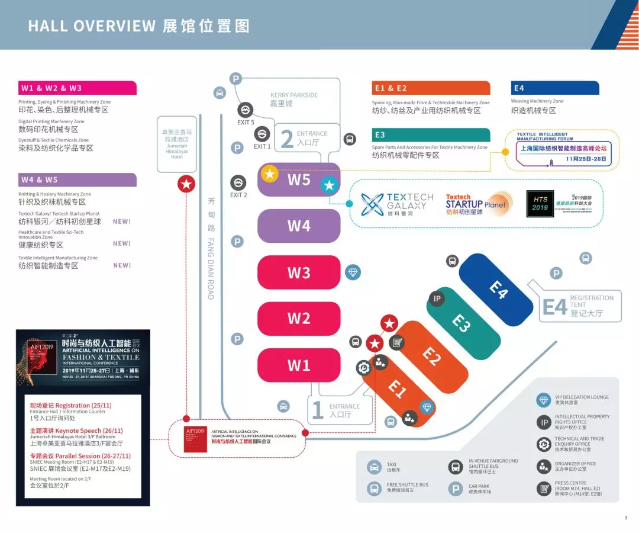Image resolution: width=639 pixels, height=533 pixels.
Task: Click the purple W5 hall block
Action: point(299,179)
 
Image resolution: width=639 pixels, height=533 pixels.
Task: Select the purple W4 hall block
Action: point(299,226)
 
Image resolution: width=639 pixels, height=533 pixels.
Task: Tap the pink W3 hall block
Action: point(299,272)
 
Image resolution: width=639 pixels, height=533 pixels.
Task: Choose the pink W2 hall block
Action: point(299,318)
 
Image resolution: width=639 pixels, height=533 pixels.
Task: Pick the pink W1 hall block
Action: point(299,365)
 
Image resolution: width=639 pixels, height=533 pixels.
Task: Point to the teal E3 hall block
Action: point(461,323)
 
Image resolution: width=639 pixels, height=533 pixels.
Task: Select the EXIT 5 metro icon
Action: point(245,110)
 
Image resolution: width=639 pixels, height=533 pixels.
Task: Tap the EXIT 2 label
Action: point(238,195)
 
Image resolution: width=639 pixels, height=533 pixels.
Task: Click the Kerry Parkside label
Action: point(294,99)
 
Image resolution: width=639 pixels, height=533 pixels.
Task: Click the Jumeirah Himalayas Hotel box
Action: point(177,144)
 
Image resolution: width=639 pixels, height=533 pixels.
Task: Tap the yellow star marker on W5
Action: point(270,174)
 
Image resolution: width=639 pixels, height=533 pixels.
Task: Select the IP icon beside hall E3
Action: point(437,298)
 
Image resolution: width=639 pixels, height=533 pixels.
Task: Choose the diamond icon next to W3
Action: point(353,272)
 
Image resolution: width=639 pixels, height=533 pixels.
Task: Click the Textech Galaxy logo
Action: point(397,204)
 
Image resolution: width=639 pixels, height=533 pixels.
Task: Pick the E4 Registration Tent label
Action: point(580,306)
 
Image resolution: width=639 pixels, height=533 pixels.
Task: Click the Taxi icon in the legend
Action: point(374,467)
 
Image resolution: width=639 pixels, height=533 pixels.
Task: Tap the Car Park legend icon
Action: point(455,489)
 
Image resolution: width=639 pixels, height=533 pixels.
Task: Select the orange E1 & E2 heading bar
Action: point(431,88)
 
